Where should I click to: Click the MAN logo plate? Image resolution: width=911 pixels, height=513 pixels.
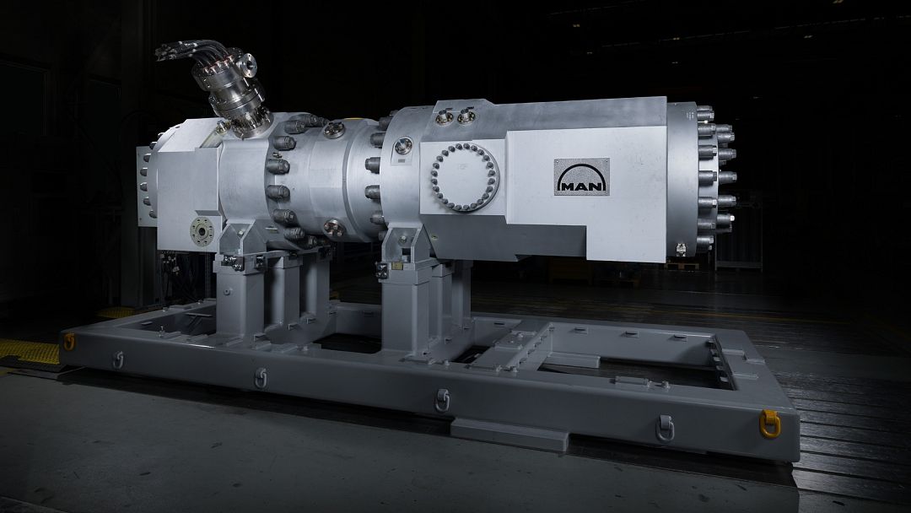point(582,176)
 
